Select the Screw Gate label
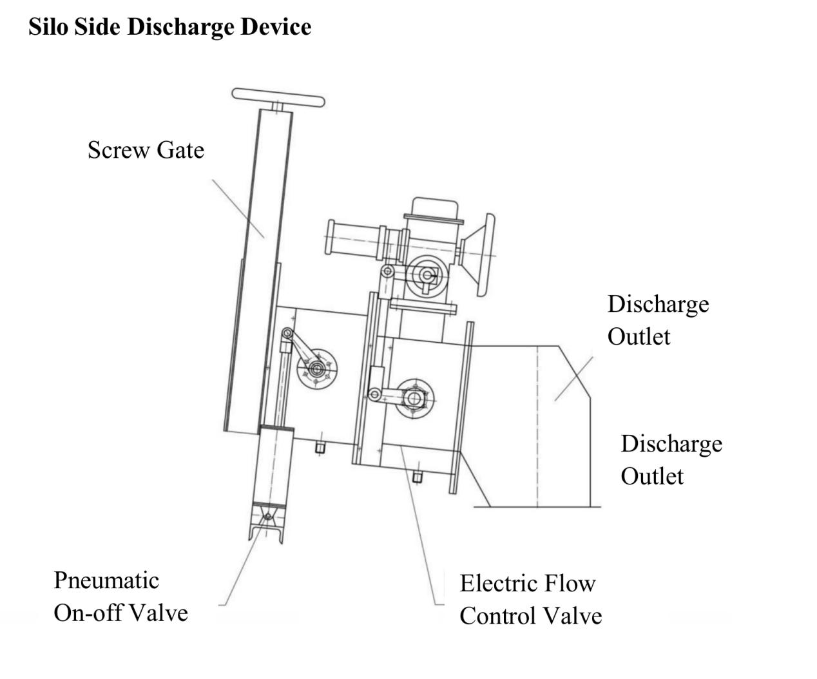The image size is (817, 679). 146,150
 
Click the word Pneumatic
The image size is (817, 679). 106,580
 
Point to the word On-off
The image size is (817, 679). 87,613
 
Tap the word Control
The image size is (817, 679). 498,616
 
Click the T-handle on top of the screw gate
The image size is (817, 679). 278,97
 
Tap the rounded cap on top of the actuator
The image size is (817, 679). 435,208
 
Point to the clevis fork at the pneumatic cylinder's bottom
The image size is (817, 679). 267,523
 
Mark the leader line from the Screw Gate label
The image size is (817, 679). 238,209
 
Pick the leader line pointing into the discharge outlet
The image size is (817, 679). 573,378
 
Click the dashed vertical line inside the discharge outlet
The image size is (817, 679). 537,426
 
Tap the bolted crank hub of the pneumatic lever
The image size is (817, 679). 317,369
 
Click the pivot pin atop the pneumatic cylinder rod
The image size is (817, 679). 287,333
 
